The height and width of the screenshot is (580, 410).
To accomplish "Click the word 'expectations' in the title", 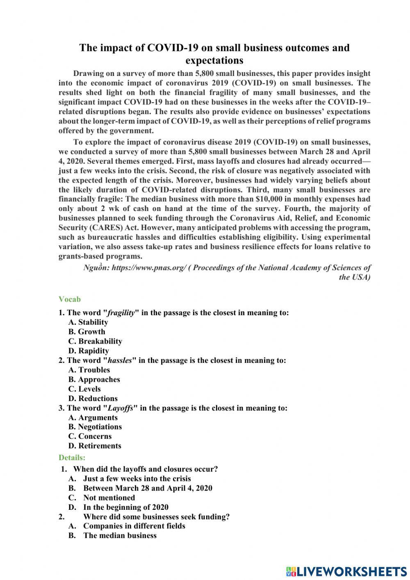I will pos(214,61).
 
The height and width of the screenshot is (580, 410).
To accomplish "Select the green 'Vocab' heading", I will pos(69,299).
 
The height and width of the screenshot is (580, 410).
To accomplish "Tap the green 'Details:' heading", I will pos(72,457).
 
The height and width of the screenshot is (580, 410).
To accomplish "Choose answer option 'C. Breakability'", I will pos(95,341).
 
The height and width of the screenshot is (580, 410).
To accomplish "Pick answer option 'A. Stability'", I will pos(88,322).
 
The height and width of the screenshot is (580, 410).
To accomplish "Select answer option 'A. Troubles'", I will pos(89,370).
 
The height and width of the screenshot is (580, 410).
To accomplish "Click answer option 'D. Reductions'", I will pos(93,399).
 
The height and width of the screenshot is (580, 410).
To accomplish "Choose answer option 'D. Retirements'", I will pos(95,446).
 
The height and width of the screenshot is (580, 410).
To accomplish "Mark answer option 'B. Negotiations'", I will pos(95,427).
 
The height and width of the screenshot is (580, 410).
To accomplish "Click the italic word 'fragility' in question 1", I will pos(121,313).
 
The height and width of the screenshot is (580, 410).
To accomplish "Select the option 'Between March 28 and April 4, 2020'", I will pos(148,488).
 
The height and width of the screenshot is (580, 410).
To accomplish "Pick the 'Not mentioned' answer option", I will pos(109,497).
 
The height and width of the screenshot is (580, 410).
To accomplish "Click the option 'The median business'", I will pos(120,535).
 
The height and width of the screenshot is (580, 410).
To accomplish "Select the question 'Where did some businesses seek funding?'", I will pos(156,516).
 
